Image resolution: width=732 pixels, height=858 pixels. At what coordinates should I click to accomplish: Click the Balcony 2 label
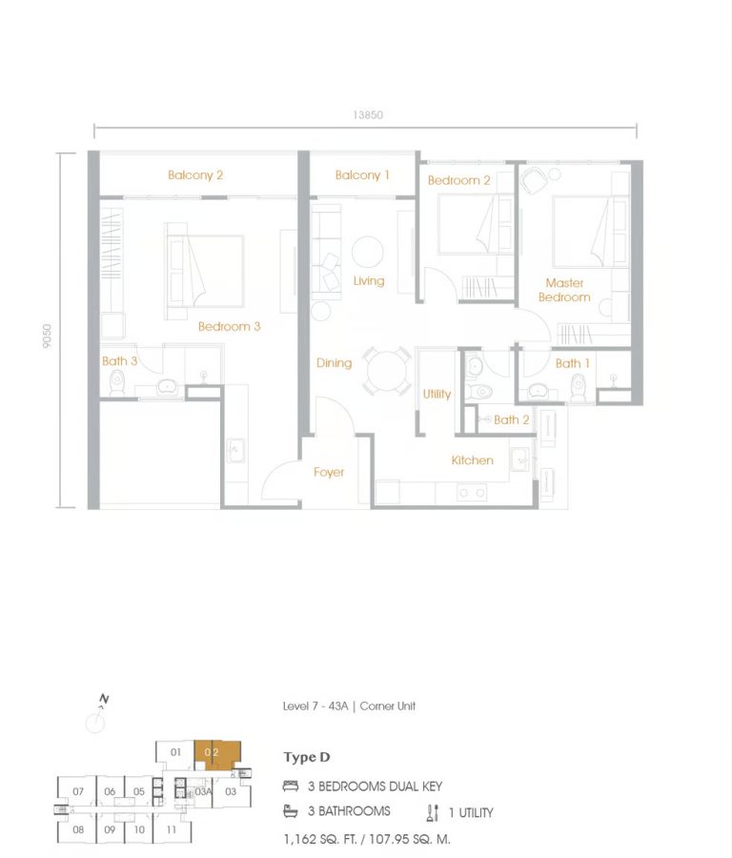195,175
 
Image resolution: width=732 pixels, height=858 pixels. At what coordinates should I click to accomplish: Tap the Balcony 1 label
362,175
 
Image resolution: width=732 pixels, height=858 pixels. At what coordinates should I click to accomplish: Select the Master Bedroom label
564,290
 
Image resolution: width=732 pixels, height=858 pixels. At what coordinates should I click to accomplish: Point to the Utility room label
437,394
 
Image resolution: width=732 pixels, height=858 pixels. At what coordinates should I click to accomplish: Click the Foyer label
329,472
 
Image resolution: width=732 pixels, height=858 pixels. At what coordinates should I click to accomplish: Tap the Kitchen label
473,460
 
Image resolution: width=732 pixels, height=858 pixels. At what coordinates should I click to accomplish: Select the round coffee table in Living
368,253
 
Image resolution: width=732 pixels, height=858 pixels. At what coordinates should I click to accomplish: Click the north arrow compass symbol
96,719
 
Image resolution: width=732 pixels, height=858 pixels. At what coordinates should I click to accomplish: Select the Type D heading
307,758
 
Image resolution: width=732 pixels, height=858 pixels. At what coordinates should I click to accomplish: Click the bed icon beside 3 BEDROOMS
291,786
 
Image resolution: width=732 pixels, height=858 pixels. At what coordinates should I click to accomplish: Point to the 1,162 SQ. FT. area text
324,839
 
